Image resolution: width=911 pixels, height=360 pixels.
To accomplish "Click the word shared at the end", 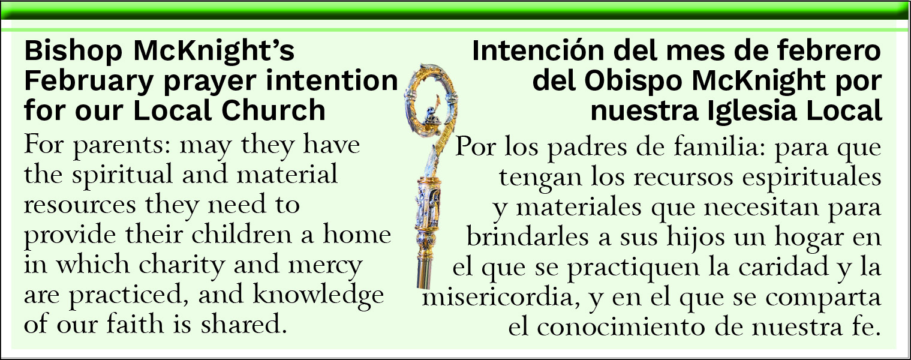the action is coord(243,324).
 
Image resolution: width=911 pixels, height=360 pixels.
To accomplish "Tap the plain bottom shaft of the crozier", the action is coord(425,268).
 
